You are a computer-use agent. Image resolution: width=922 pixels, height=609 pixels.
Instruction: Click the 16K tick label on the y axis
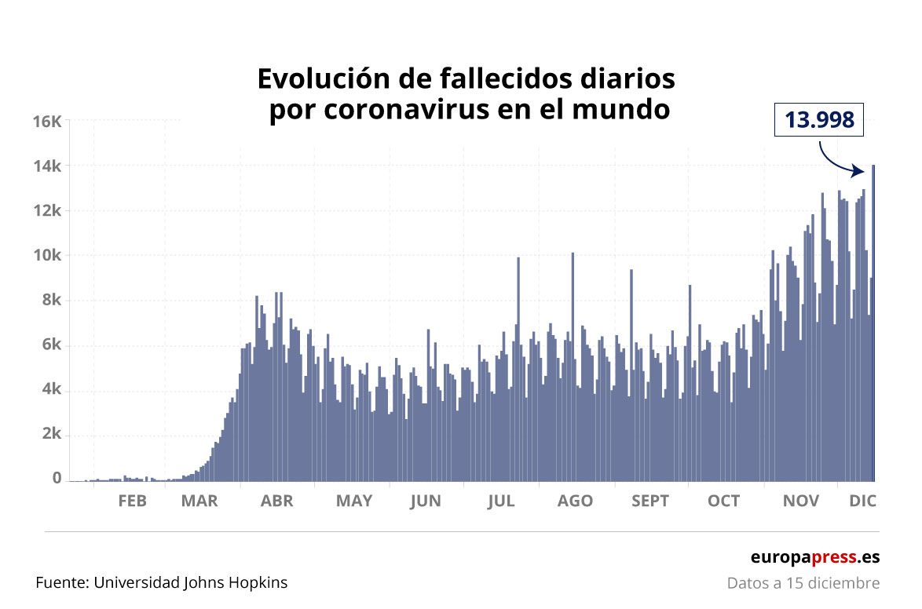pos(46,121)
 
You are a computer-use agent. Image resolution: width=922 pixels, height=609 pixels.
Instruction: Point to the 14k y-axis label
pos(46,166)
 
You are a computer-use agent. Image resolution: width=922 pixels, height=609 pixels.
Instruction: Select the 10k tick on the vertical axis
pos(46,255)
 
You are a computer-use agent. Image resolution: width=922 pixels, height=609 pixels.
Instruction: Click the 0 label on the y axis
pos(57,478)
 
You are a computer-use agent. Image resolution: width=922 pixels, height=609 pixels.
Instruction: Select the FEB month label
pos(132,501)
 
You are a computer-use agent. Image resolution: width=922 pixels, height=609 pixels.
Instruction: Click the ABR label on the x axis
pos(276,501)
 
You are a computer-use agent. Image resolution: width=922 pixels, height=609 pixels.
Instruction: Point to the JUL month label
pos(500,501)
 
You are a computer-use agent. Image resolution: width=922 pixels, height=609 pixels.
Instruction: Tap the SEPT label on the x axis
pos(650,501)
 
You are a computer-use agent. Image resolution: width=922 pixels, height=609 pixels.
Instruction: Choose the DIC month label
pos(862,501)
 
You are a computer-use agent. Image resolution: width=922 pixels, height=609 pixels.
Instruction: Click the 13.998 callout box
pos(818,121)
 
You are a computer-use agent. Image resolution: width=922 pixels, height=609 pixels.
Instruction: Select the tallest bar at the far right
pos(873,322)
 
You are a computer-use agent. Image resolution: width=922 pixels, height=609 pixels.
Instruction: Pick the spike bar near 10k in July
pos(518,369)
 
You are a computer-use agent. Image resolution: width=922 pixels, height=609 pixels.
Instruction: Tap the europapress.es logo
pos(814,556)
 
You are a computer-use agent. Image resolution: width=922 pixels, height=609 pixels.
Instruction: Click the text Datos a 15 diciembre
pos(803,583)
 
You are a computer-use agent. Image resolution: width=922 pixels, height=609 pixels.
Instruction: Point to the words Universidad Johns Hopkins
pos(191,582)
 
